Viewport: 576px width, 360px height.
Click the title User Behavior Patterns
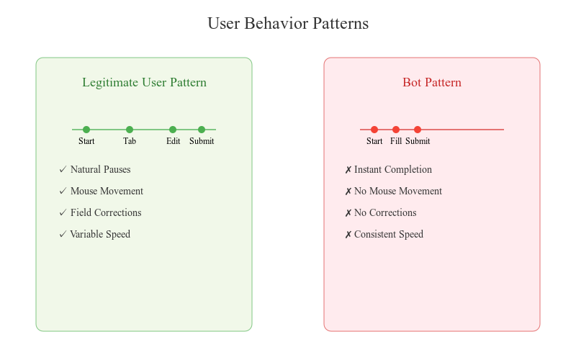pos(288,23)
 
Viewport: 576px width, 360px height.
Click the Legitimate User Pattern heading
pos(145,82)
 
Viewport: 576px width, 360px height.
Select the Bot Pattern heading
pos(432,82)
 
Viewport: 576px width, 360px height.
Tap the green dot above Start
pos(86,130)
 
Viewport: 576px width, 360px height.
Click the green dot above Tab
pos(130,130)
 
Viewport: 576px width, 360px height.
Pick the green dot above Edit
pos(173,130)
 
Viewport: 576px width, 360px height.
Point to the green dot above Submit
pos(202,130)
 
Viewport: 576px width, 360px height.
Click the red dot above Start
pos(374,130)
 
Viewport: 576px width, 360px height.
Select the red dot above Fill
pos(395,130)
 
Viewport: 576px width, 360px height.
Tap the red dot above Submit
pos(418,130)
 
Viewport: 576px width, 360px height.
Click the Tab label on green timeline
pos(130,141)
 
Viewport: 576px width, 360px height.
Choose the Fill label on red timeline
pos(395,141)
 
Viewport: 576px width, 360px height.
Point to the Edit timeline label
pos(173,141)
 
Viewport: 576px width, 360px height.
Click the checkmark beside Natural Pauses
pos(63,169)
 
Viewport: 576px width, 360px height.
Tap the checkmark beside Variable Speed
pos(63,234)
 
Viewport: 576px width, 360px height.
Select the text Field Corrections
pos(106,212)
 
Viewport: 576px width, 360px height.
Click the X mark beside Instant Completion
pos(348,170)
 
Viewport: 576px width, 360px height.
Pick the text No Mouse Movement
pos(398,191)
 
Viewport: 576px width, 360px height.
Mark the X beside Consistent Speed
pos(348,235)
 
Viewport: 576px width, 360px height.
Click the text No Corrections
pos(385,212)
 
